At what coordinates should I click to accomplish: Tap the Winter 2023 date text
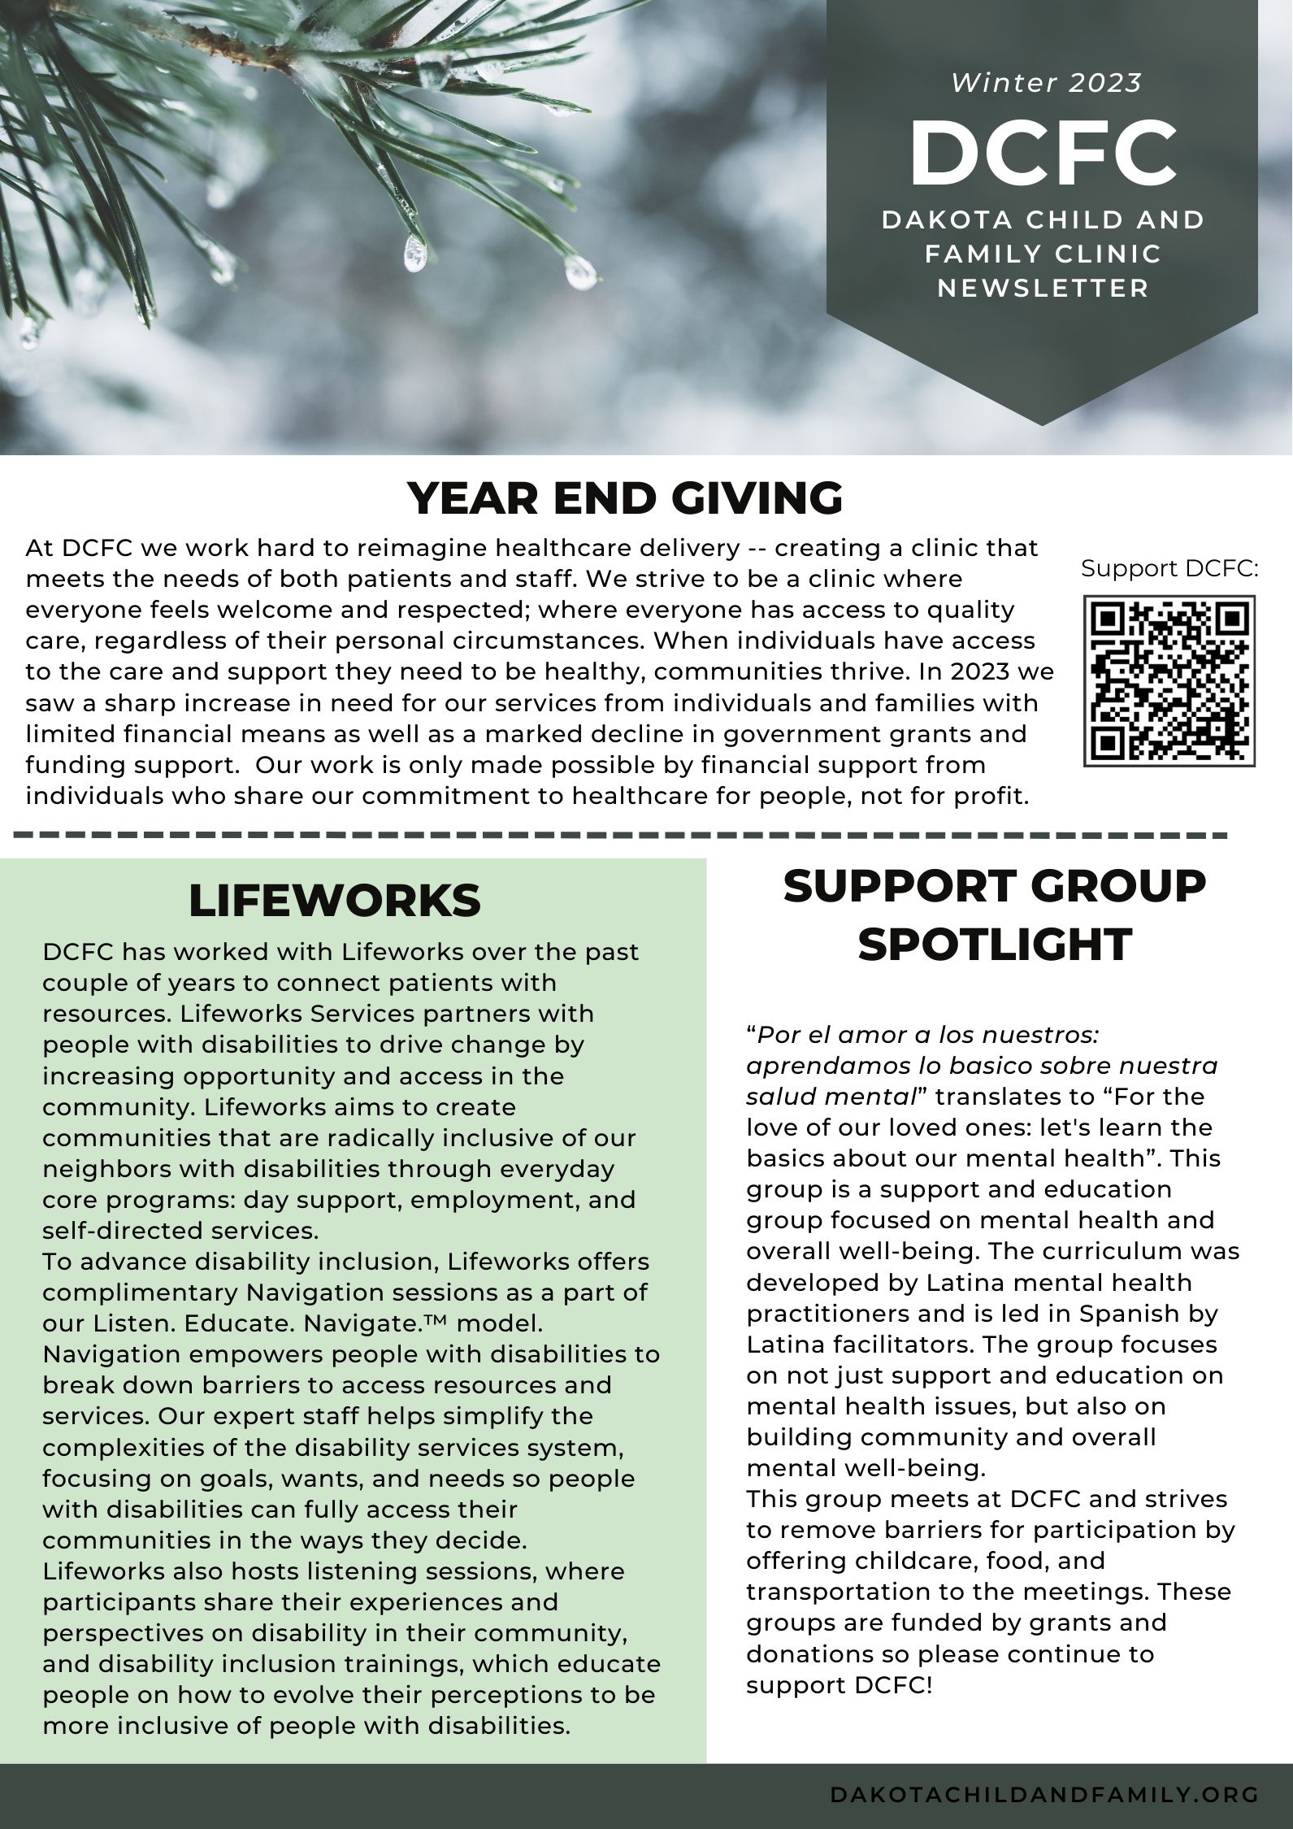(x=1047, y=83)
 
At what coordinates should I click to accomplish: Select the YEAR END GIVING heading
(x=624, y=498)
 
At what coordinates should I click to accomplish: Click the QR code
(x=1169, y=681)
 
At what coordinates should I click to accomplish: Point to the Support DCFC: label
(x=1169, y=569)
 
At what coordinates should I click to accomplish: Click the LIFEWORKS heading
(x=335, y=901)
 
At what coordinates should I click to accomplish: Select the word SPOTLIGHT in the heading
(x=995, y=944)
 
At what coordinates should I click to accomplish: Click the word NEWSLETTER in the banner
(x=1044, y=289)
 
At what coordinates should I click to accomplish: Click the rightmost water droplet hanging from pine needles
(x=580, y=273)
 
